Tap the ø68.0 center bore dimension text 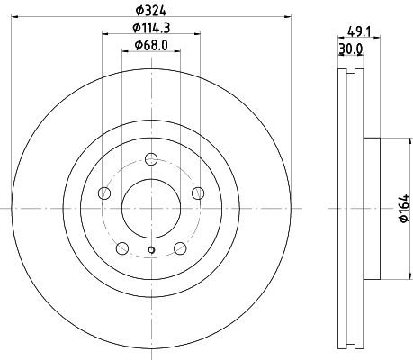click(x=149, y=46)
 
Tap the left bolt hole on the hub click(x=104, y=194)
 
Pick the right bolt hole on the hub click(x=196, y=194)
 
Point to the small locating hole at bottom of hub click(x=150, y=251)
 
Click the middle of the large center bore click(x=150, y=208)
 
